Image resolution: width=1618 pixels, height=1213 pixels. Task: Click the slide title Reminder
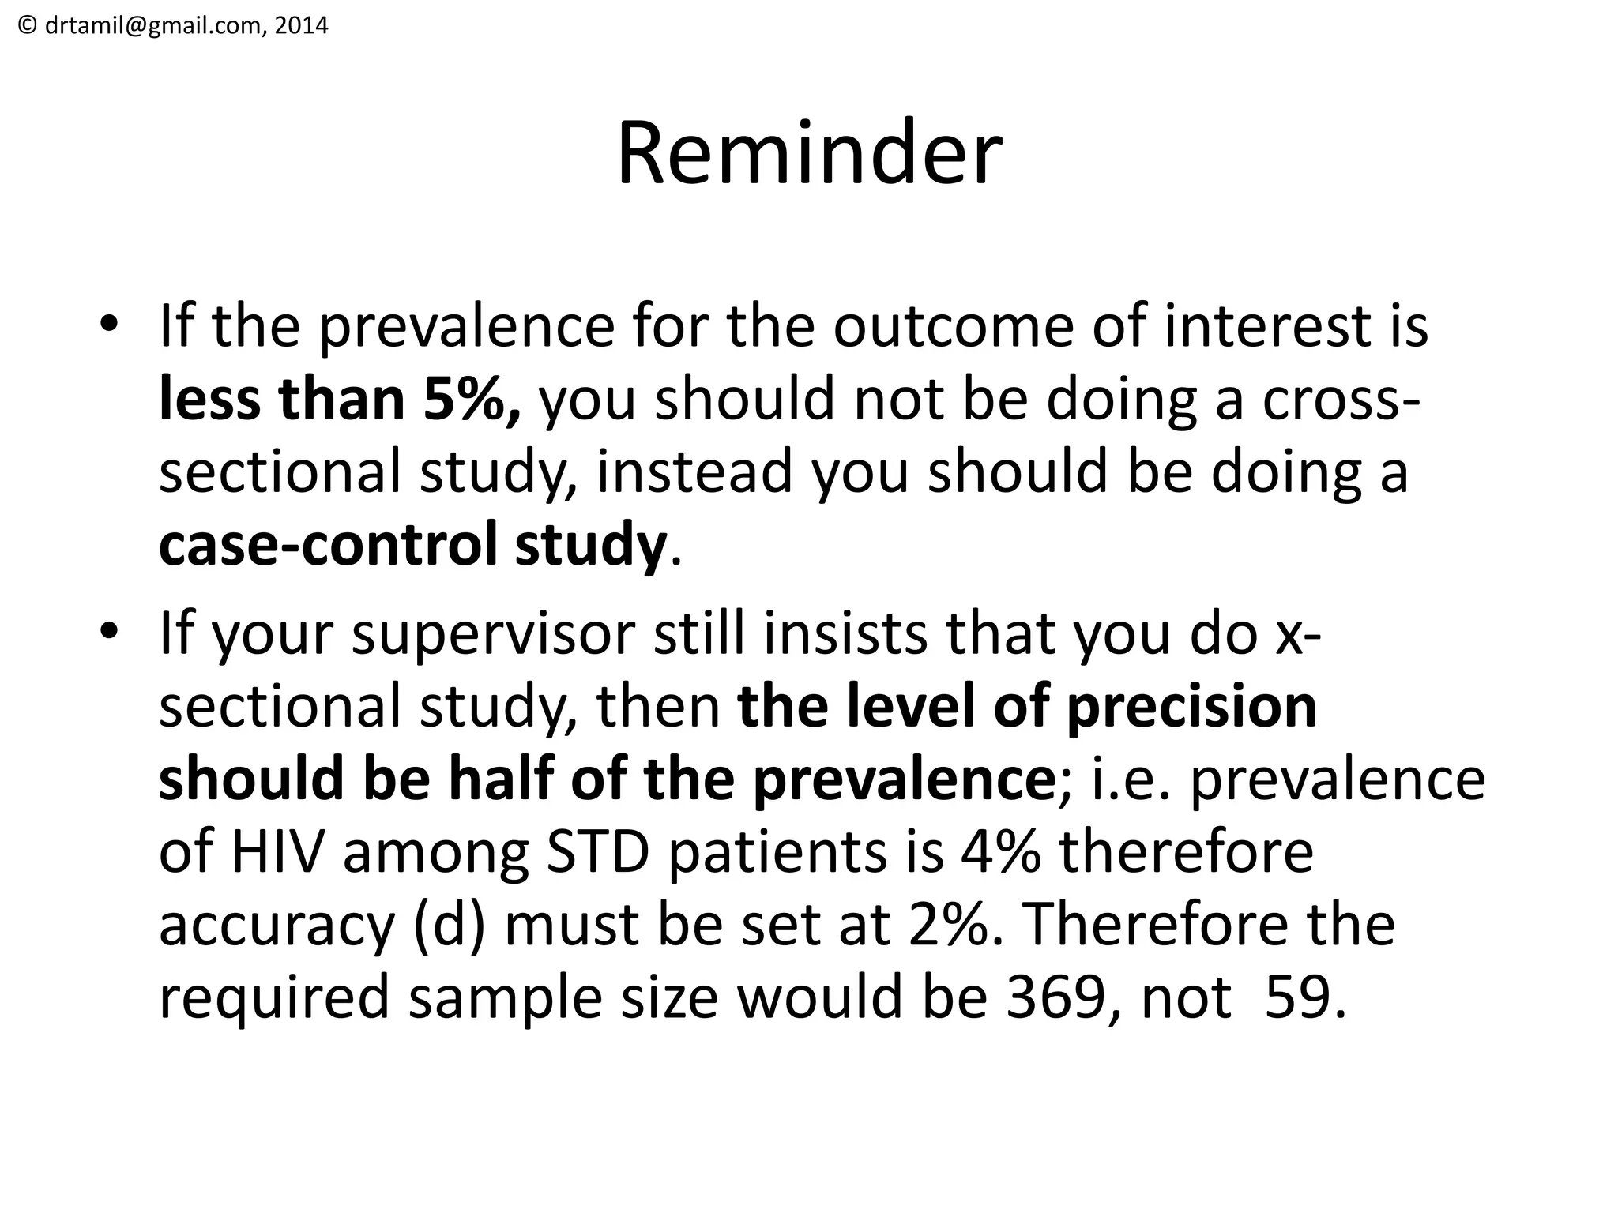coord(809,153)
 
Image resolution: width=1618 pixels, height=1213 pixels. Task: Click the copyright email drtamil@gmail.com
coord(146,26)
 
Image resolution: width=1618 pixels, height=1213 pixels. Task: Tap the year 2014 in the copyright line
coord(303,26)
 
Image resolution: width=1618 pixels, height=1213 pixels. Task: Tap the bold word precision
coord(1191,706)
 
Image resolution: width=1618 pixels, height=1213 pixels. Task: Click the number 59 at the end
coord(1296,997)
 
